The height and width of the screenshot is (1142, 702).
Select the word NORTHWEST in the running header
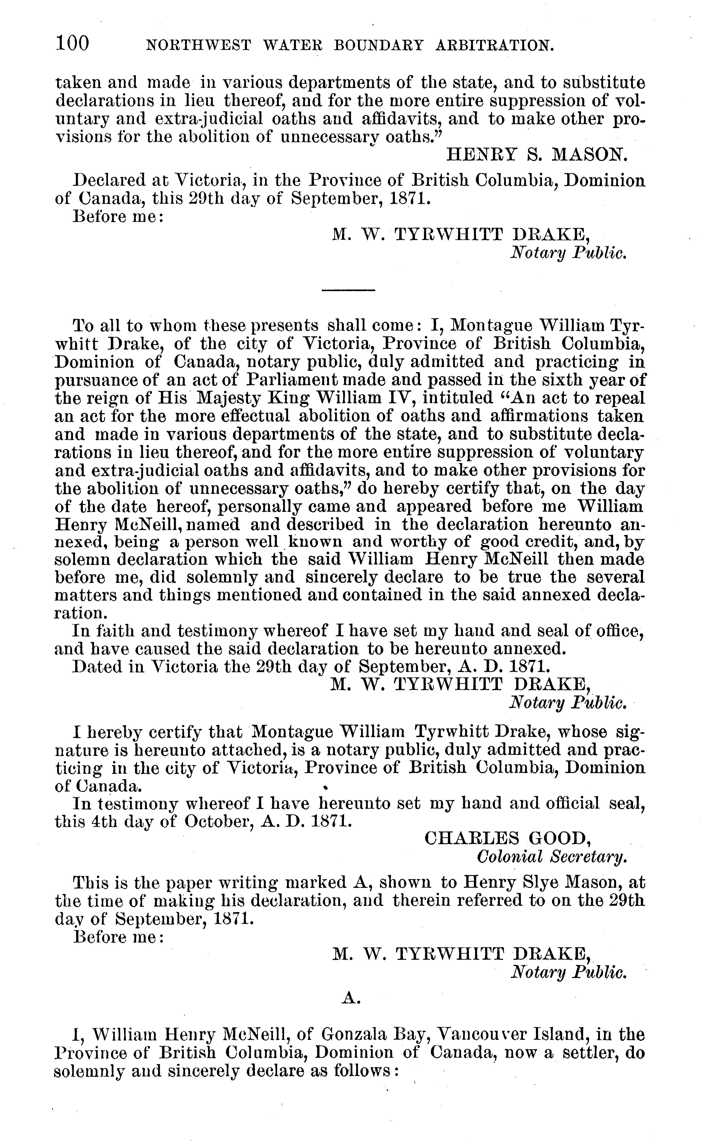point(198,45)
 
